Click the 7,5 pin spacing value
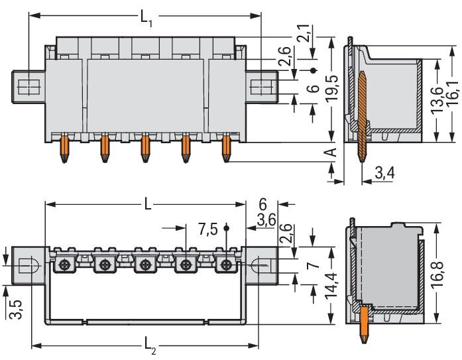coord(207,229)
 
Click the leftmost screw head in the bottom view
coord(65,266)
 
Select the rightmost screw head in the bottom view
coord(227,266)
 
